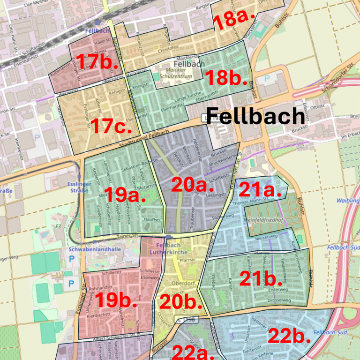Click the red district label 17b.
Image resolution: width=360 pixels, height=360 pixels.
[97, 62]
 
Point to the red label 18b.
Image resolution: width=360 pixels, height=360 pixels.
[226, 78]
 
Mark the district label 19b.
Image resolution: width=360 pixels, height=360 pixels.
[116, 300]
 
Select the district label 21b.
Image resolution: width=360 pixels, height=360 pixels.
[261, 278]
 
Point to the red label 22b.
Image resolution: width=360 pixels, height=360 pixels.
[289, 336]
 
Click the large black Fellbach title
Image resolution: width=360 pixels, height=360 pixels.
[255, 115]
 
